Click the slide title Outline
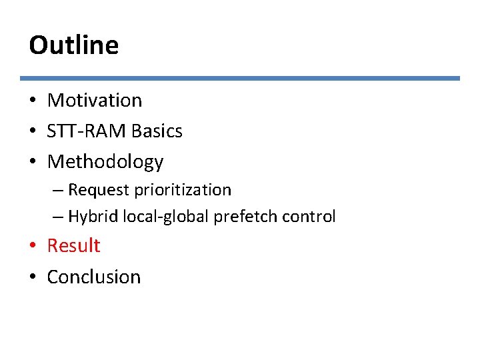[x=74, y=45]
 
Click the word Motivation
[x=95, y=101]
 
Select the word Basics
[x=157, y=131]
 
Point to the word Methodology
[x=105, y=162]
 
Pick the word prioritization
[x=183, y=190]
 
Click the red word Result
[x=73, y=246]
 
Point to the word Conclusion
[x=94, y=277]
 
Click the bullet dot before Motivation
[x=33, y=101]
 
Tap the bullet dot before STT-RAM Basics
[x=33, y=132]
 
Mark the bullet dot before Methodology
[x=33, y=163]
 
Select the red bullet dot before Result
[x=33, y=247]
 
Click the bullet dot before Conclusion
[x=33, y=277]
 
